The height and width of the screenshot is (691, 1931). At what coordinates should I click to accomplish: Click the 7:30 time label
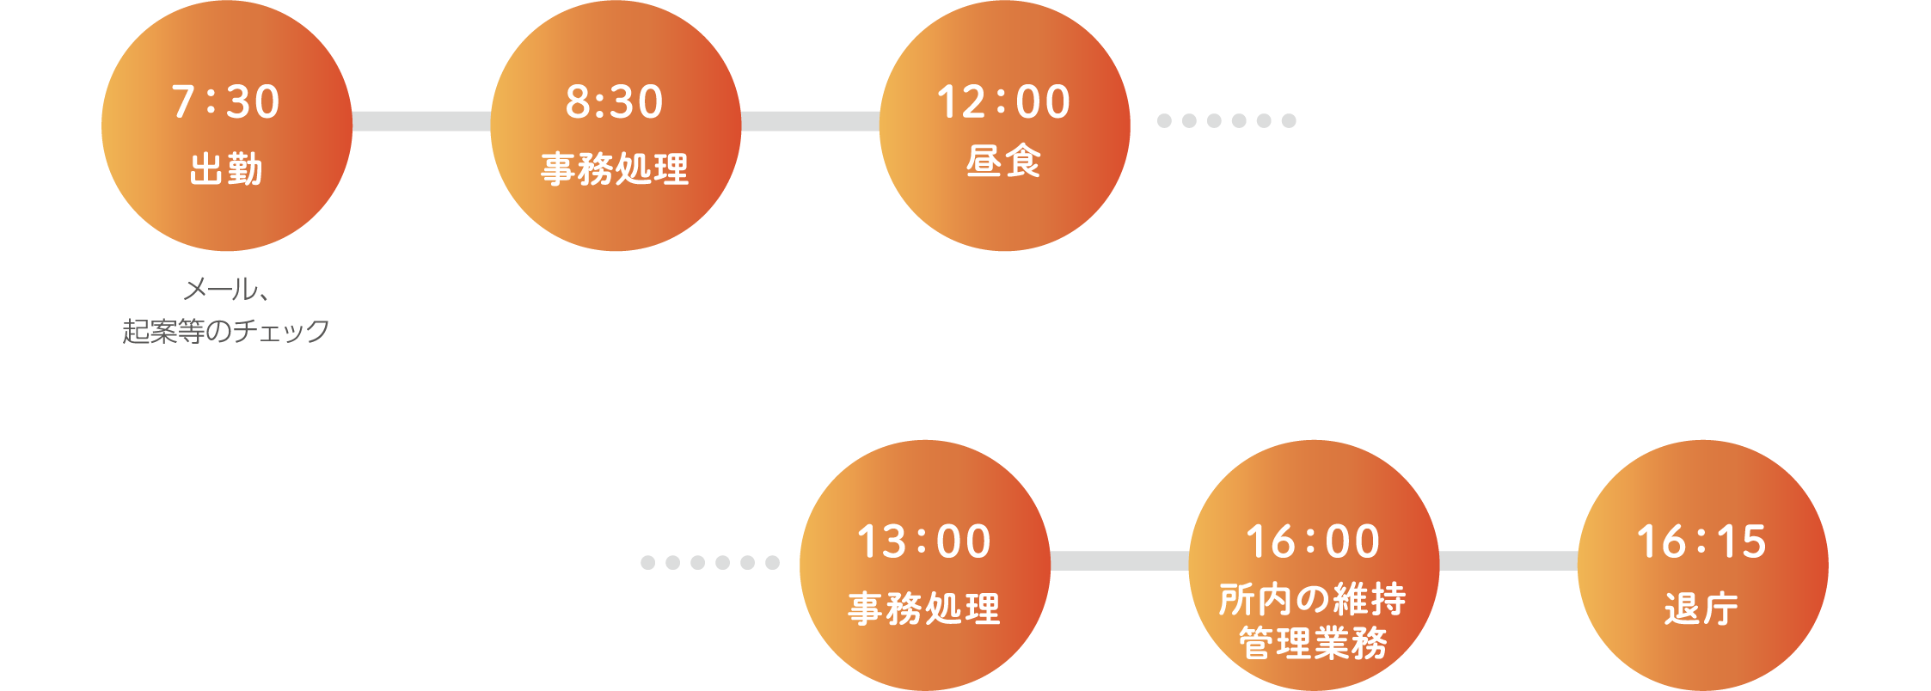(x=226, y=101)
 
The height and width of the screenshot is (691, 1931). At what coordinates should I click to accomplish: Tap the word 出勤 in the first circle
(x=226, y=168)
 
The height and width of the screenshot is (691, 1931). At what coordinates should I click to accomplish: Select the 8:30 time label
(x=615, y=101)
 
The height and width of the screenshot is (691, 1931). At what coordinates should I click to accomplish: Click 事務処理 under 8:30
(x=615, y=168)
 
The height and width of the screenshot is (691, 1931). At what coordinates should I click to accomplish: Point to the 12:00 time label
(x=1003, y=101)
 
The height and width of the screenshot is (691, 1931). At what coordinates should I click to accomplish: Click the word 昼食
(x=1003, y=161)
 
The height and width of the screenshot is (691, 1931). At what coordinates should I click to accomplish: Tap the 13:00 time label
(x=924, y=541)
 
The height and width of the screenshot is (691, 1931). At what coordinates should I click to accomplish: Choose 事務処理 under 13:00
(x=924, y=608)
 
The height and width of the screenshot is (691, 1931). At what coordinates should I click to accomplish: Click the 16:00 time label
(x=1313, y=541)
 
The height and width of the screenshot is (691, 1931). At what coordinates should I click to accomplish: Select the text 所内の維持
(x=1313, y=598)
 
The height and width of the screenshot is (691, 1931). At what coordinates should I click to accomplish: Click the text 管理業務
(x=1313, y=642)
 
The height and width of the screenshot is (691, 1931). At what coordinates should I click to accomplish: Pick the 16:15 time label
(x=1701, y=541)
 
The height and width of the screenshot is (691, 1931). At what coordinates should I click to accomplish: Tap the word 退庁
(x=1701, y=608)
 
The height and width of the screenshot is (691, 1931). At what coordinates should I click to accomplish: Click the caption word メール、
(x=226, y=289)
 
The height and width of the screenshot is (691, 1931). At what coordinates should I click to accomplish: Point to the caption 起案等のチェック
(x=226, y=331)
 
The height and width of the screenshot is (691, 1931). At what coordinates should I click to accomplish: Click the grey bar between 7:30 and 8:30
(x=421, y=121)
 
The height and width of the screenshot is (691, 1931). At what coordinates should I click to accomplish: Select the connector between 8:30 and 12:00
(x=810, y=121)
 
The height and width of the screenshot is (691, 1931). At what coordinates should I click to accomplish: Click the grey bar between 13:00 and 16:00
(x=1119, y=561)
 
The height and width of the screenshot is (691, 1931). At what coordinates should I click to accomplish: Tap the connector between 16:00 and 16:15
(x=1508, y=561)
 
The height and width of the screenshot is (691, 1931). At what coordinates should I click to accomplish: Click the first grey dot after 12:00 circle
(x=1164, y=121)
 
